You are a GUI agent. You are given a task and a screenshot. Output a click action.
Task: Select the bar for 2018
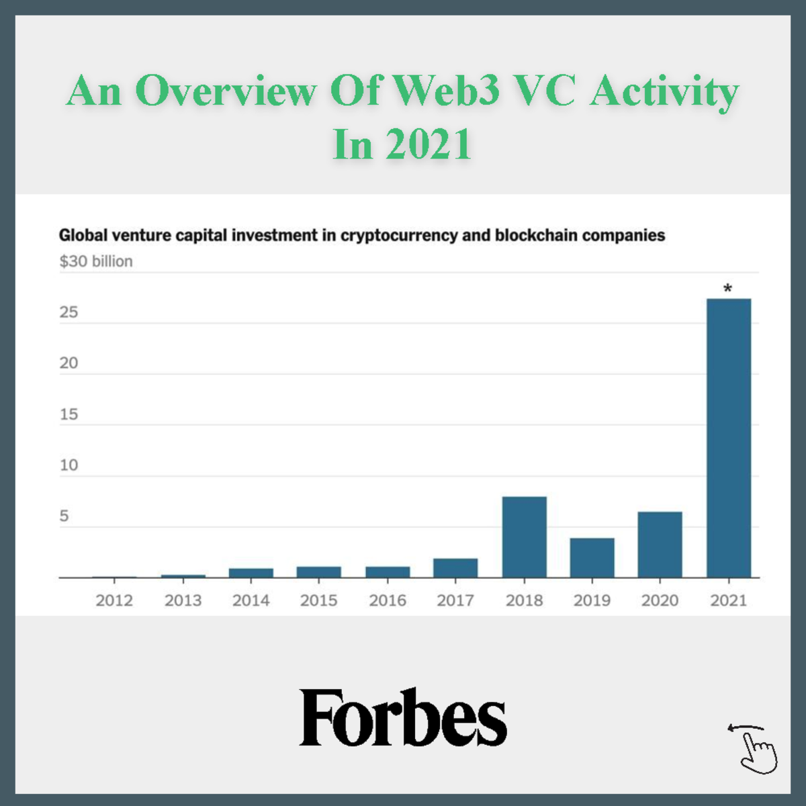click(x=524, y=537)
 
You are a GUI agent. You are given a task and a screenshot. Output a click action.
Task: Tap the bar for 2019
click(x=592, y=557)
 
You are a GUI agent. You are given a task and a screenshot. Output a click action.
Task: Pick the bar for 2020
click(x=660, y=544)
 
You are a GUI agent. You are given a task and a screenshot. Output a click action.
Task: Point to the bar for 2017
click(x=455, y=568)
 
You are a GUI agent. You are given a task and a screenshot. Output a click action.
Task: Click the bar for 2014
click(x=251, y=573)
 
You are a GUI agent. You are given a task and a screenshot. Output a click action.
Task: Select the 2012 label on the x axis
click(x=114, y=600)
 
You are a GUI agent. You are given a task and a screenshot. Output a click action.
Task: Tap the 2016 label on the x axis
click(x=388, y=600)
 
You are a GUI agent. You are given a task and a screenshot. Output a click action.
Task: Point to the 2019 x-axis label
click(x=592, y=600)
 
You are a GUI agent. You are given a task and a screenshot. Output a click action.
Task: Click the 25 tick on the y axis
click(x=69, y=312)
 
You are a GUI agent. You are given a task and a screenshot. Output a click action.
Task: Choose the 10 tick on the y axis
click(x=69, y=465)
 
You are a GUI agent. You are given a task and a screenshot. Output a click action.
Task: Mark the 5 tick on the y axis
click(x=64, y=516)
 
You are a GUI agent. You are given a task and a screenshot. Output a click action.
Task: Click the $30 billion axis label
click(x=96, y=261)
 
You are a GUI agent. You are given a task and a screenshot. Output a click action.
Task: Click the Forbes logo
click(x=403, y=717)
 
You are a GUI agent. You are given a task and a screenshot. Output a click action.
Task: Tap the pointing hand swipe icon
click(x=755, y=749)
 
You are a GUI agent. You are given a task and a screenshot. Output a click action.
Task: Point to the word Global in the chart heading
click(x=83, y=236)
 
